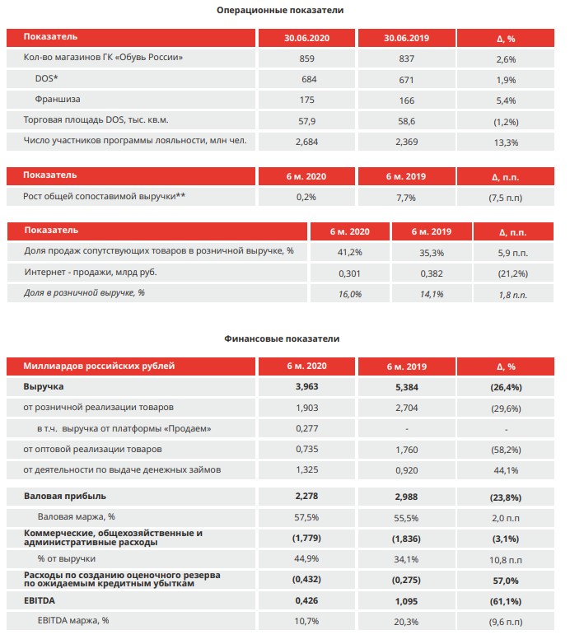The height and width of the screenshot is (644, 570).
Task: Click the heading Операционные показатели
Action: click(x=280, y=10)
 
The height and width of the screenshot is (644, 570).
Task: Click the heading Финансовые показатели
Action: click(x=282, y=338)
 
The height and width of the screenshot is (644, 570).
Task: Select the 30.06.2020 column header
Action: click(x=306, y=38)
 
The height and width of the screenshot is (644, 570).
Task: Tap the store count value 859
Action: click(x=306, y=58)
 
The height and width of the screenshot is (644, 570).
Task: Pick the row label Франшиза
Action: click(x=58, y=99)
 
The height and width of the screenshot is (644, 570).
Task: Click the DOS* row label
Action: click(x=46, y=78)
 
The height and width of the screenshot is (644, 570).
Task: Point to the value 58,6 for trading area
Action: click(x=407, y=121)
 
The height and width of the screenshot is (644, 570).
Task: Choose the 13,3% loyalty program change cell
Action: click(x=506, y=142)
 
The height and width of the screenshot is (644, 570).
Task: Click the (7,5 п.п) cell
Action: click(x=506, y=198)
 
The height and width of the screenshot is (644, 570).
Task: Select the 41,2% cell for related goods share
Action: click(x=350, y=252)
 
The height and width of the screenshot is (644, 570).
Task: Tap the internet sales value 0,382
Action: click(x=432, y=273)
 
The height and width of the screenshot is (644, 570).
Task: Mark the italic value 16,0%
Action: click(x=350, y=294)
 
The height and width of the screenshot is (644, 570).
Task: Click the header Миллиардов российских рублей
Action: click(x=99, y=366)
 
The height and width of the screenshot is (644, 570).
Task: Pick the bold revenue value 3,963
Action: click(x=306, y=386)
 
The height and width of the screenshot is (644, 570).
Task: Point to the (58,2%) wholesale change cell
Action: click(x=506, y=450)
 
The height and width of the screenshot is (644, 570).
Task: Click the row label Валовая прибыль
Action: click(x=65, y=496)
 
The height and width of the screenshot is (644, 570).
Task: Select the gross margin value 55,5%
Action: click(x=406, y=518)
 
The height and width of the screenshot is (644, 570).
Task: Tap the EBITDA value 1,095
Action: click(x=407, y=601)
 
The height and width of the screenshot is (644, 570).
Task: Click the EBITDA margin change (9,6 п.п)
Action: click(x=506, y=622)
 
